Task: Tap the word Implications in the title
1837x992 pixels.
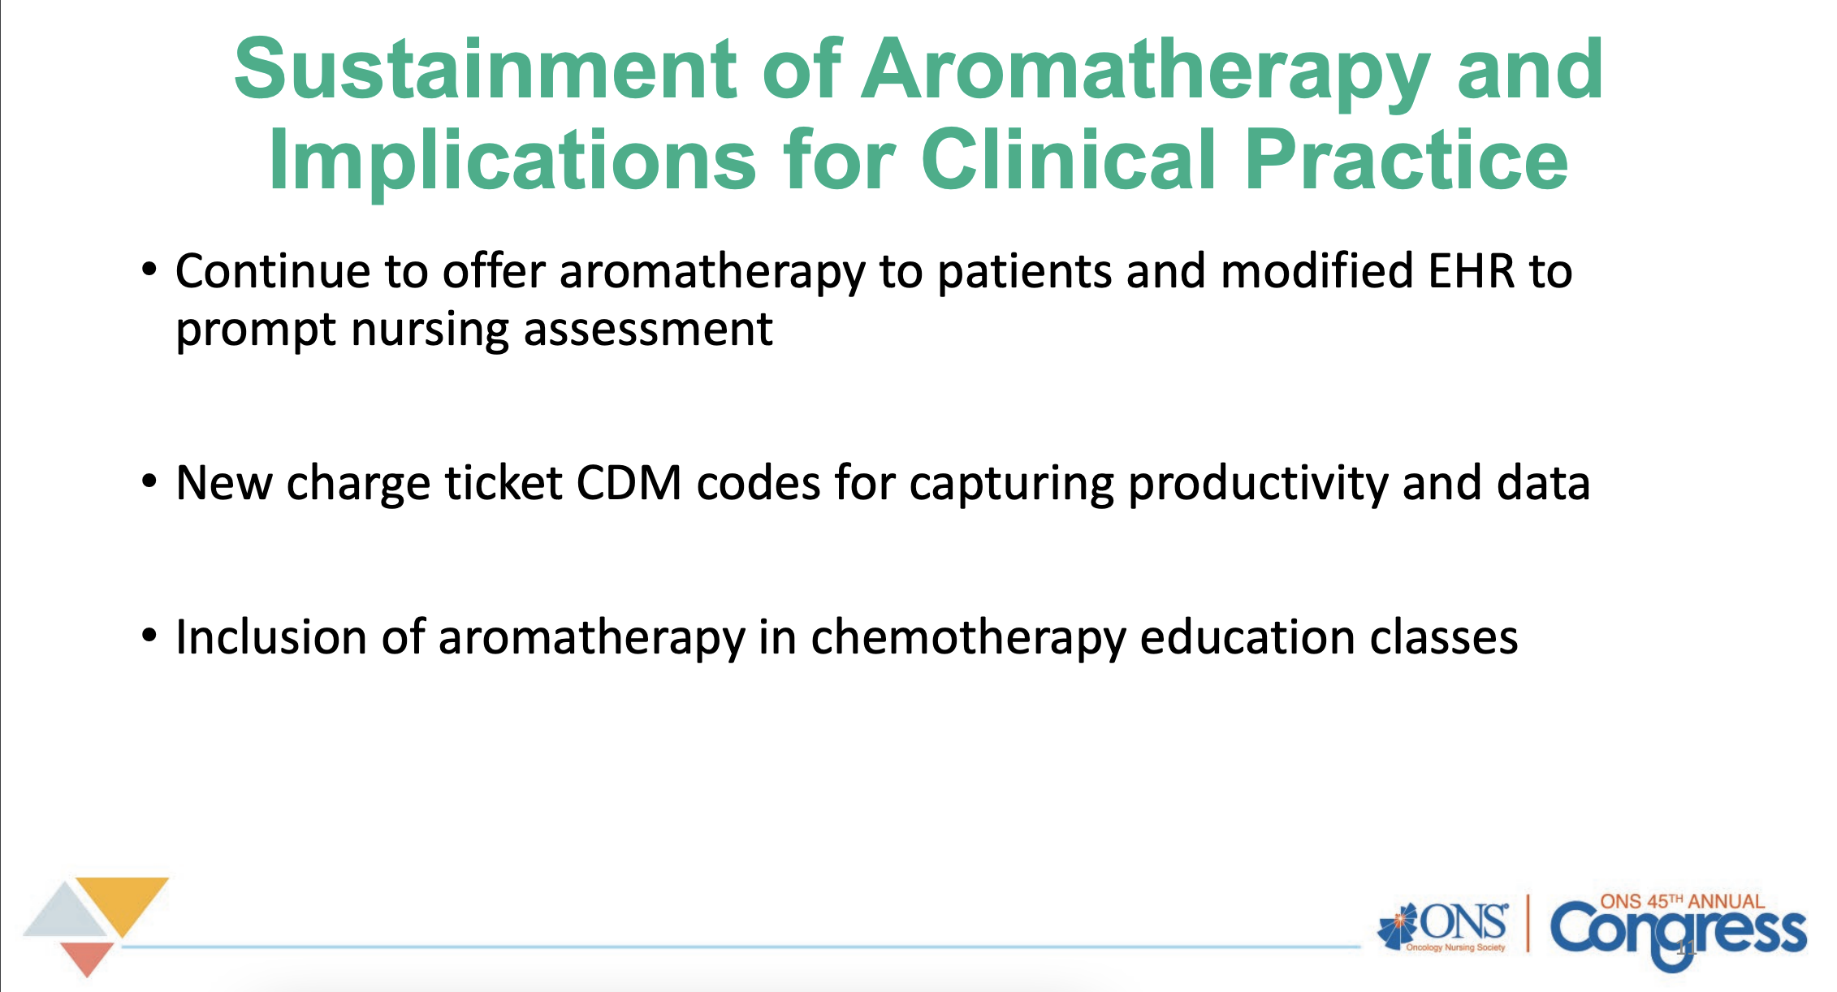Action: pyautogui.click(x=512, y=161)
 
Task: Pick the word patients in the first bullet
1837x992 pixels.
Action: pyautogui.click(x=1024, y=272)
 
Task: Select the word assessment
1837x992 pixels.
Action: pyautogui.click(x=648, y=330)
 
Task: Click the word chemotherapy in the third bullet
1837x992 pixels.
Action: pyautogui.click(x=968, y=638)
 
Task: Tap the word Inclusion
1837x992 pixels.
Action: pyautogui.click(x=271, y=637)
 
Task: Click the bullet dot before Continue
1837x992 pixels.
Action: pyautogui.click(x=149, y=269)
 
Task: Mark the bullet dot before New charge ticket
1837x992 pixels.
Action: pyautogui.click(x=149, y=481)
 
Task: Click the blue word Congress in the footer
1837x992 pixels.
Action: pyautogui.click(x=1678, y=934)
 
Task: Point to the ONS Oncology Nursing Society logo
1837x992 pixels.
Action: pyautogui.click(x=1443, y=926)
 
